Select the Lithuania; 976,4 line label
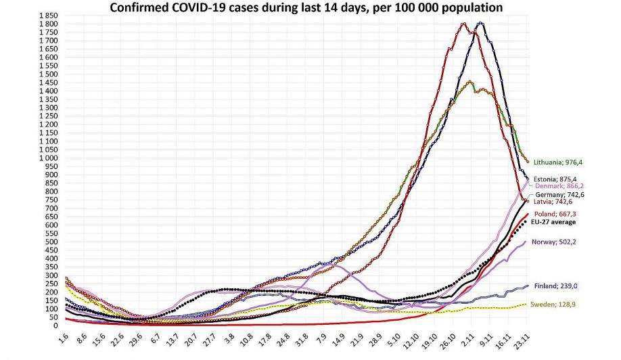click(558, 162)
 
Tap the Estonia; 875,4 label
click(558, 179)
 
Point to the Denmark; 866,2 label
click(559, 186)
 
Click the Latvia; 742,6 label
click(554, 202)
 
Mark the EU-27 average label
click(558, 221)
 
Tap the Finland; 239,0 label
click(556, 286)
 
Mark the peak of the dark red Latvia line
click(463, 24)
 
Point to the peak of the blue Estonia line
click(480, 23)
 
